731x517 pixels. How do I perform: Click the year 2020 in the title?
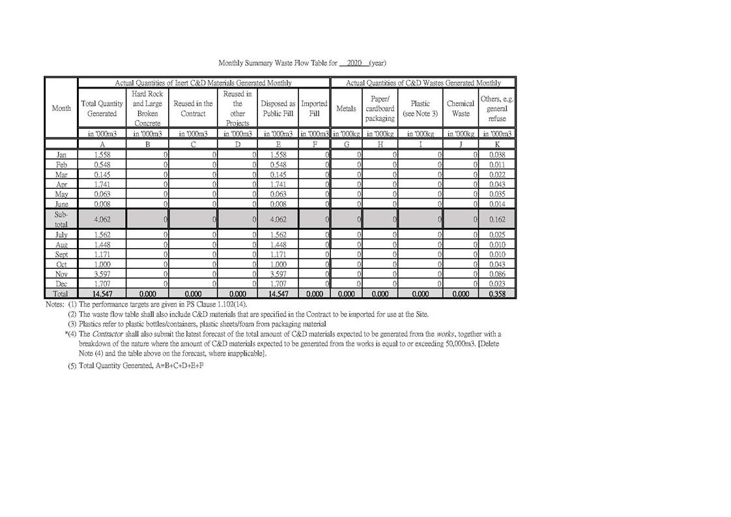(x=354, y=63)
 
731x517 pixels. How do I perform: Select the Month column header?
(x=61, y=108)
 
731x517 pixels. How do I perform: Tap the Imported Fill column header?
(x=314, y=108)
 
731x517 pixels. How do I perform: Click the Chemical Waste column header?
(x=460, y=108)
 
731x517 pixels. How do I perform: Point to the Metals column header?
(x=346, y=108)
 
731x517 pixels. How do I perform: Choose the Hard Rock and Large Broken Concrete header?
(x=147, y=108)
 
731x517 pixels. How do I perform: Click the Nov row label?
(x=61, y=275)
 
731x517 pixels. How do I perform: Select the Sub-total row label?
(x=61, y=219)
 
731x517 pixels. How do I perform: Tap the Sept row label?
(x=61, y=255)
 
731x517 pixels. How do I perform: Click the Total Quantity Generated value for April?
(x=102, y=185)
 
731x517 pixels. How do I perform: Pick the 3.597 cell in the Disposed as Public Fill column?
(x=278, y=275)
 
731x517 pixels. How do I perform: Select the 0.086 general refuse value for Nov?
(x=497, y=275)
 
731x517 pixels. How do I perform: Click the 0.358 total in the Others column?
(x=497, y=294)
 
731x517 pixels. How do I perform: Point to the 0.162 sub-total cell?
(x=497, y=219)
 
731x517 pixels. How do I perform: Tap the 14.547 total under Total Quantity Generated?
(x=102, y=294)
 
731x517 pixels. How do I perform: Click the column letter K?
(x=497, y=144)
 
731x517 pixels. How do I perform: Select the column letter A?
(x=102, y=144)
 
